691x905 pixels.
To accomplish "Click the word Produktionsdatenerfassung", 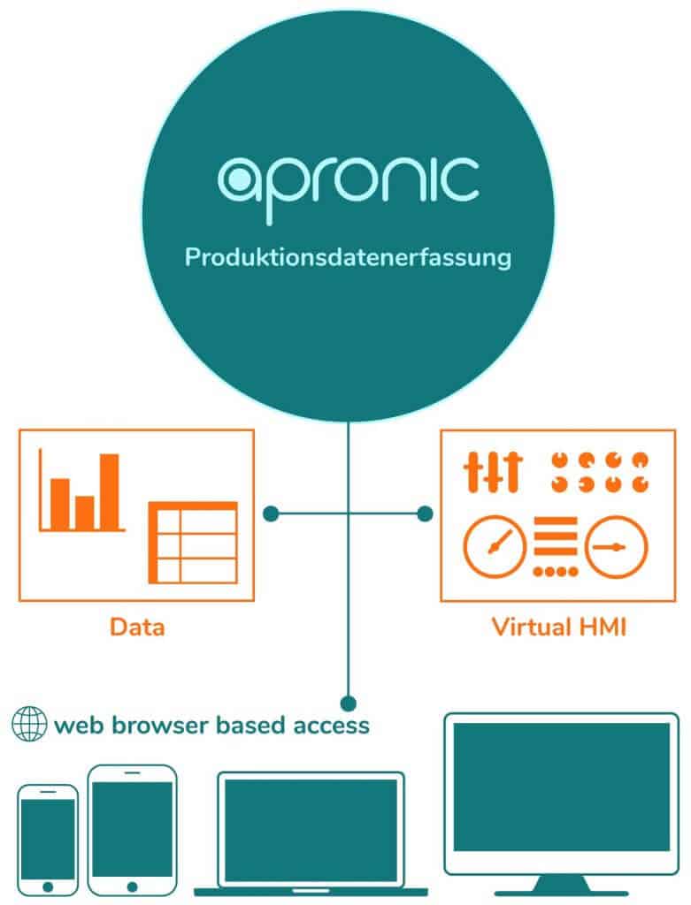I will point(348,259).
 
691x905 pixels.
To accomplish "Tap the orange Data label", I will point(137,628).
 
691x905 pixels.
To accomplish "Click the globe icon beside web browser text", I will point(28,725).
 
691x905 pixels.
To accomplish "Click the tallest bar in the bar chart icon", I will point(109,491).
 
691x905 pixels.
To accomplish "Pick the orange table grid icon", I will point(193,542).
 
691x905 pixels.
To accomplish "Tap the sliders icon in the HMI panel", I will point(493,471).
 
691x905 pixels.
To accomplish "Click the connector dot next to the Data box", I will point(272,513).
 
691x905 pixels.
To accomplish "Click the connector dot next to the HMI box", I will point(425,513).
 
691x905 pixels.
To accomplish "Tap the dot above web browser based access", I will point(348,703).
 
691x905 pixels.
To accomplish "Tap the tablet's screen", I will point(132,829).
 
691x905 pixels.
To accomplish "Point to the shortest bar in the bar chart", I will point(84,512).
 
